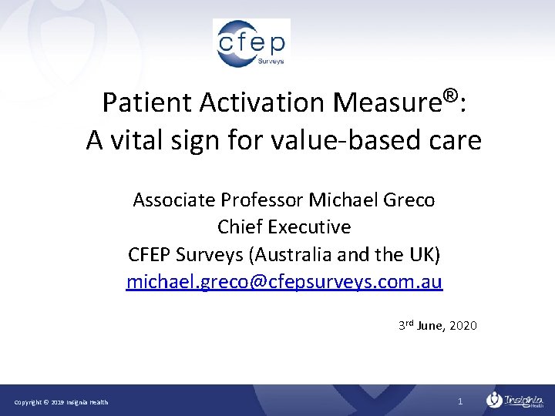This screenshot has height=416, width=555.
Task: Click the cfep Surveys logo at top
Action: (251, 43)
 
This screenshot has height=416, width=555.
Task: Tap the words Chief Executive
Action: (284, 227)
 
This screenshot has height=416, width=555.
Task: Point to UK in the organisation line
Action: (421, 254)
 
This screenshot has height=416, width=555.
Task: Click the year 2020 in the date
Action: (462, 326)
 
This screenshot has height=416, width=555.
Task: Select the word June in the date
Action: (429, 326)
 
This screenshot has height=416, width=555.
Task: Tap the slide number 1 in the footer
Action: (459, 401)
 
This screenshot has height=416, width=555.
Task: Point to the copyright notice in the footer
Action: (62, 402)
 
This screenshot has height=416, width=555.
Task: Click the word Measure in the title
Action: (386, 102)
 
